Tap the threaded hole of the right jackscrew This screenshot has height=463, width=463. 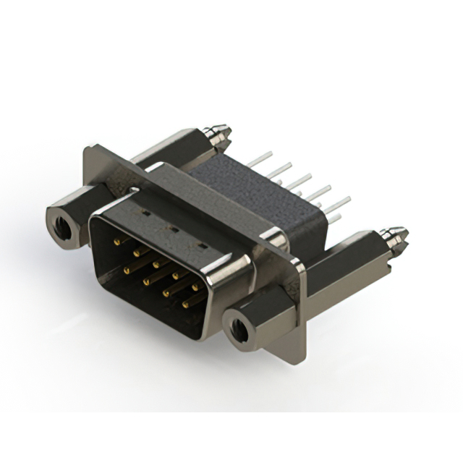click(x=238, y=329)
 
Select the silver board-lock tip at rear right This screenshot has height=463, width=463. click(x=396, y=235)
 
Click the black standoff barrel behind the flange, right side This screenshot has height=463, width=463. click(x=347, y=253)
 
